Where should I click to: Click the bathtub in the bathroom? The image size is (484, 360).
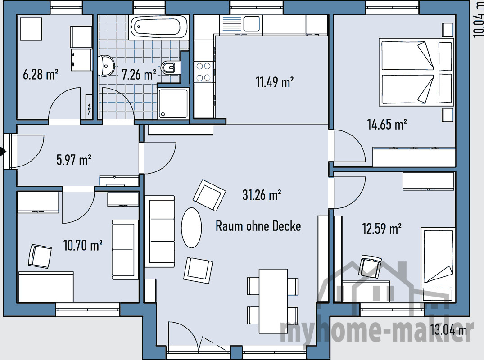[x=158, y=27]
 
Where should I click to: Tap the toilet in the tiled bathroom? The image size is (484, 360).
[x=168, y=67]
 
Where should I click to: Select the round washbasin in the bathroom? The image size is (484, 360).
[x=105, y=66]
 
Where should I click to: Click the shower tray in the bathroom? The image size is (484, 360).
[x=173, y=103]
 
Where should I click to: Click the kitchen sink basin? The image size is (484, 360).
[x=252, y=24]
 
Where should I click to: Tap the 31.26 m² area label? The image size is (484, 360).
[x=262, y=195]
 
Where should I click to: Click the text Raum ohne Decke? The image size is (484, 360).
[x=258, y=226]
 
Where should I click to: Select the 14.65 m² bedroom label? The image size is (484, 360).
[x=387, y=124]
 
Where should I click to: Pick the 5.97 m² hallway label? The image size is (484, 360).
[x=74, y=160]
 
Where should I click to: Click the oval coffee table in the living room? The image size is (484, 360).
[x=191, y=228]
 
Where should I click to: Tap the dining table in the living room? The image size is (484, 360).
[x=273, y=301]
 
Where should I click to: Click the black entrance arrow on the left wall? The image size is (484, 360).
[x=3, y=152]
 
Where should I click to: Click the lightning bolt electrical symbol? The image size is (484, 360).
[x=89, y=108]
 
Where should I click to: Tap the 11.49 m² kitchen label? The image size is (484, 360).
[x=275, y=82]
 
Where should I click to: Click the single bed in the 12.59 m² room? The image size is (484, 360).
[x=438, y=264]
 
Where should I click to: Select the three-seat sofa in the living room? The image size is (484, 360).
[x=160, y=231]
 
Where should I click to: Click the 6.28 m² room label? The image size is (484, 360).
[x=41, y=75]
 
